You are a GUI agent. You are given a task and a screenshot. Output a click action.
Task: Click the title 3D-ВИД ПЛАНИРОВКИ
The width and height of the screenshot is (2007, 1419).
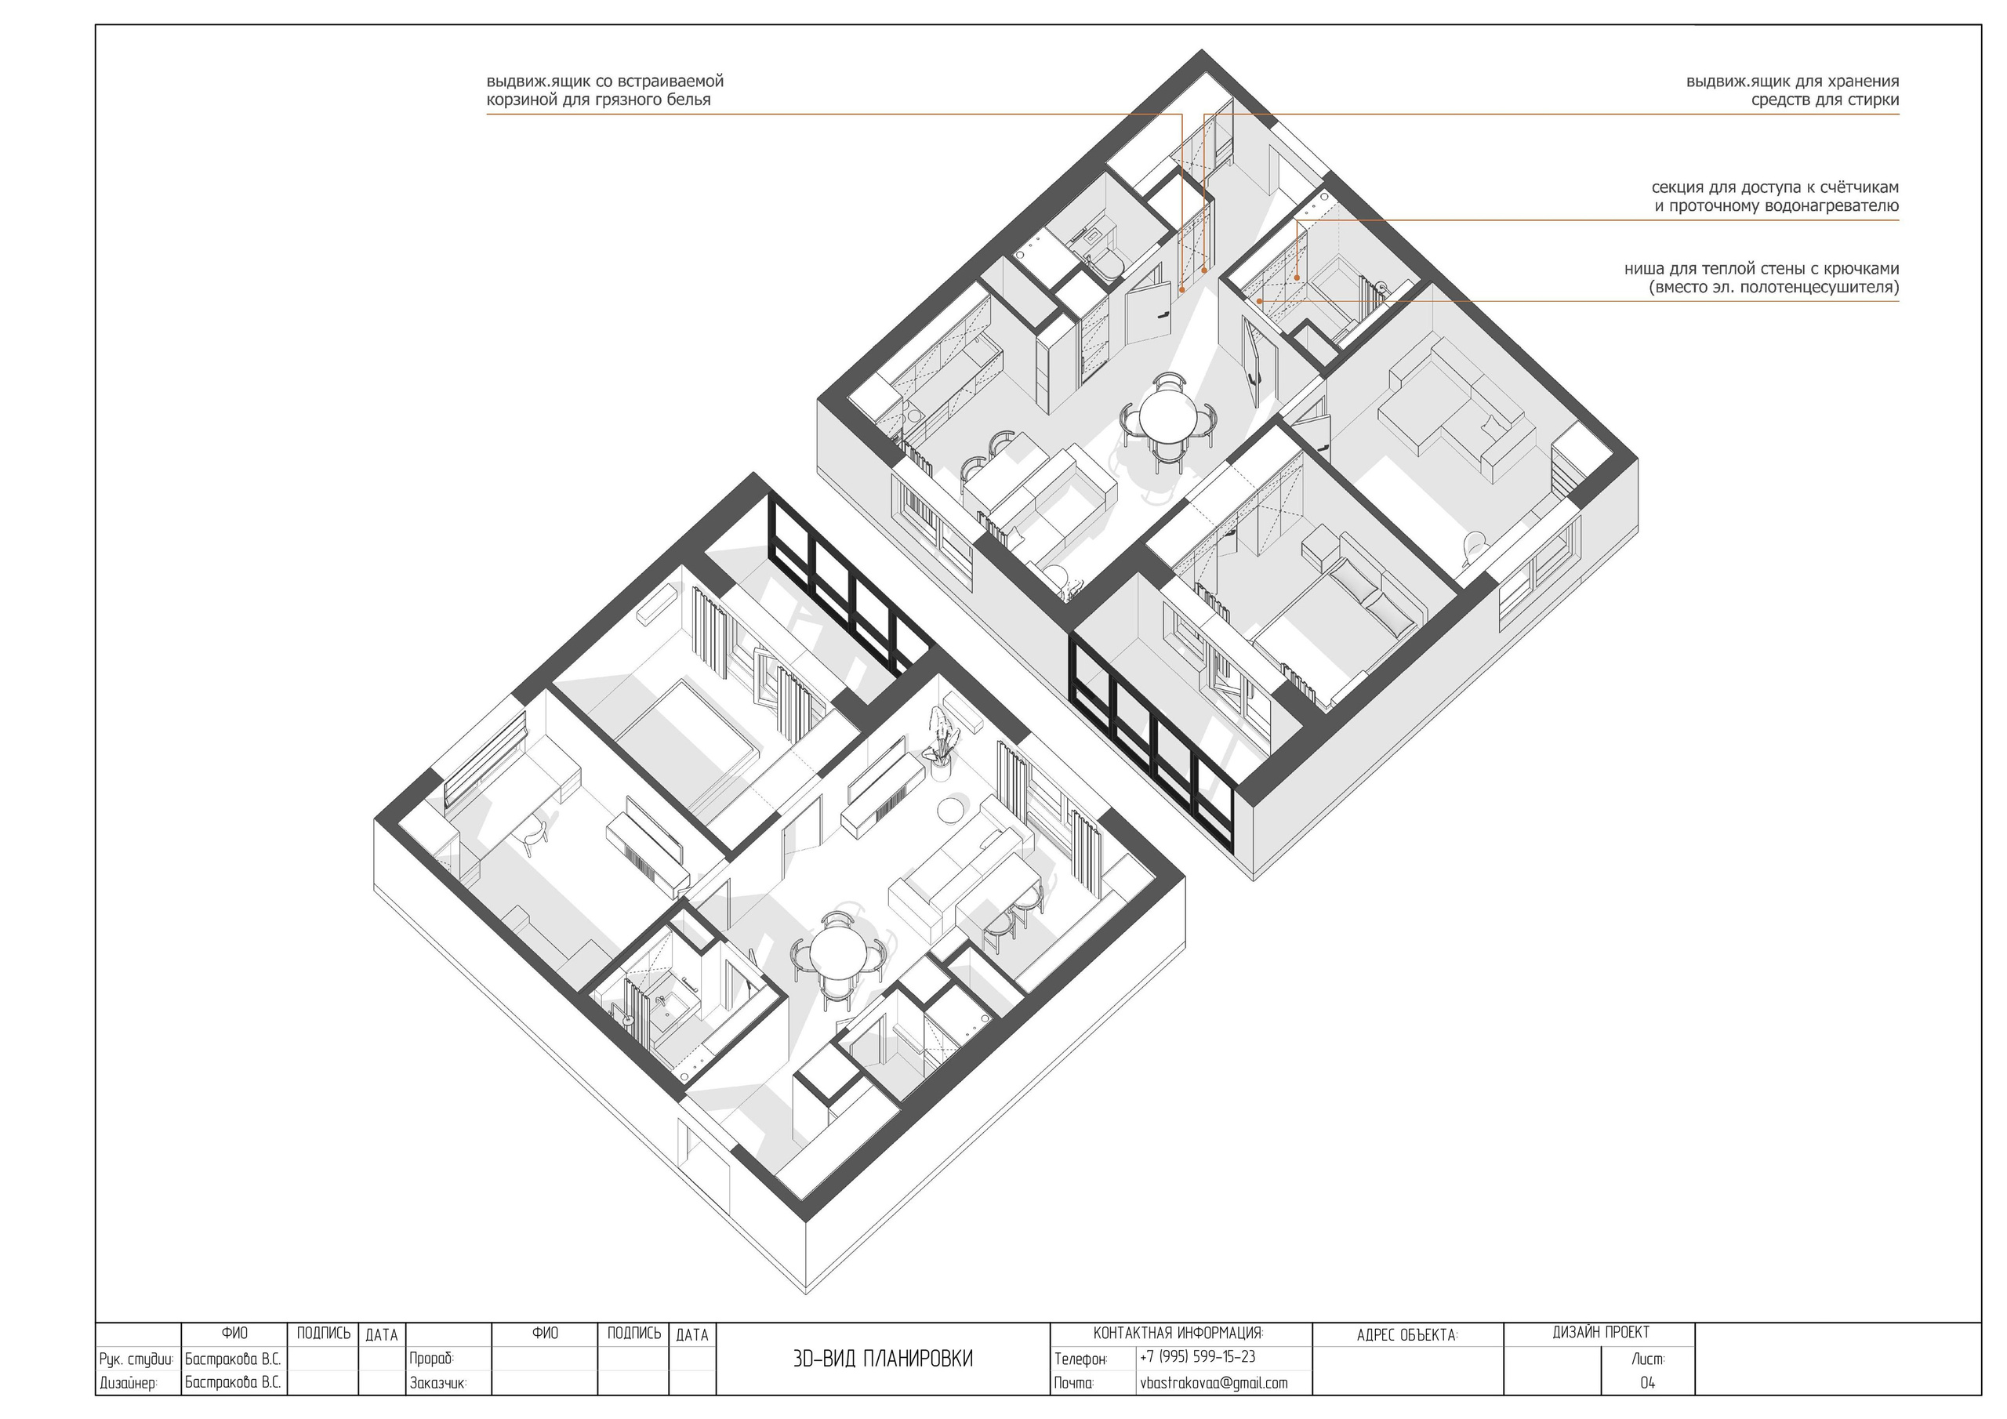click(x=882, y=1359)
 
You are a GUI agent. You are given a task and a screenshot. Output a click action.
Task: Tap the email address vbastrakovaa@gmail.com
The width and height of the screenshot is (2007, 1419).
click(x=1214, y=1383)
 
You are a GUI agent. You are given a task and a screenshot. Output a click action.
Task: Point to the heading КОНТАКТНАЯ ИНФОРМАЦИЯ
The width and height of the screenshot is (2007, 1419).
click(x=1178, y=1334)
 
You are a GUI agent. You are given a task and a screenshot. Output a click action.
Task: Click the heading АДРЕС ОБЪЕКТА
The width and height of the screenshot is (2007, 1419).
click(x=1407, y=1336)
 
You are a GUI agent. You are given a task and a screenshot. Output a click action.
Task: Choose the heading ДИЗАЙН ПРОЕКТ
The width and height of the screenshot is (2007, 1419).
click(x=1601, y=1333)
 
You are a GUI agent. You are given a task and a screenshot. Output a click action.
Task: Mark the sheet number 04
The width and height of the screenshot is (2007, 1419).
click(x=1647, y=1383)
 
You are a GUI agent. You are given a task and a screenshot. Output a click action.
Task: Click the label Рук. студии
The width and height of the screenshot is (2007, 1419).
click(x=136, y=1359)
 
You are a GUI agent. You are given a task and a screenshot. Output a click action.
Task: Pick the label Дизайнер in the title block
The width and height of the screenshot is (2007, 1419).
click(x=129, y=1384)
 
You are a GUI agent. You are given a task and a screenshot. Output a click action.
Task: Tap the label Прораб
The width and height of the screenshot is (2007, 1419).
click(x=432, y=1359)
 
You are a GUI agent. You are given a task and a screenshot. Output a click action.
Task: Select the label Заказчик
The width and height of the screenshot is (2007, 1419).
click(x=438, y=1384)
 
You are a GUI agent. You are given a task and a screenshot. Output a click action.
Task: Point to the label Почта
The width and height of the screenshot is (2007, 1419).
click(x=1074, y=1383)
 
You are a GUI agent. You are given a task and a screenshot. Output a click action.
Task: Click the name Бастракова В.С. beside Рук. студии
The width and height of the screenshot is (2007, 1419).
click(x=233, y=1359)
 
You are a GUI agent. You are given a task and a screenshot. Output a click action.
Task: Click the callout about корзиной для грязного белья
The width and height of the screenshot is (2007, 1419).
click(x=605, y=91)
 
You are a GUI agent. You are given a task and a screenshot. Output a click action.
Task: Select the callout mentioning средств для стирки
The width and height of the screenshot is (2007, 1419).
click(x=1792, y=91)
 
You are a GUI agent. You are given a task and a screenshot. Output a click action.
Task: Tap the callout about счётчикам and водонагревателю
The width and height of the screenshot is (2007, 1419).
click(x=1774, y=197)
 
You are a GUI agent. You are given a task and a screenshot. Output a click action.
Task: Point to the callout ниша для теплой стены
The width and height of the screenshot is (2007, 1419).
click(x=1762, y=278)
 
